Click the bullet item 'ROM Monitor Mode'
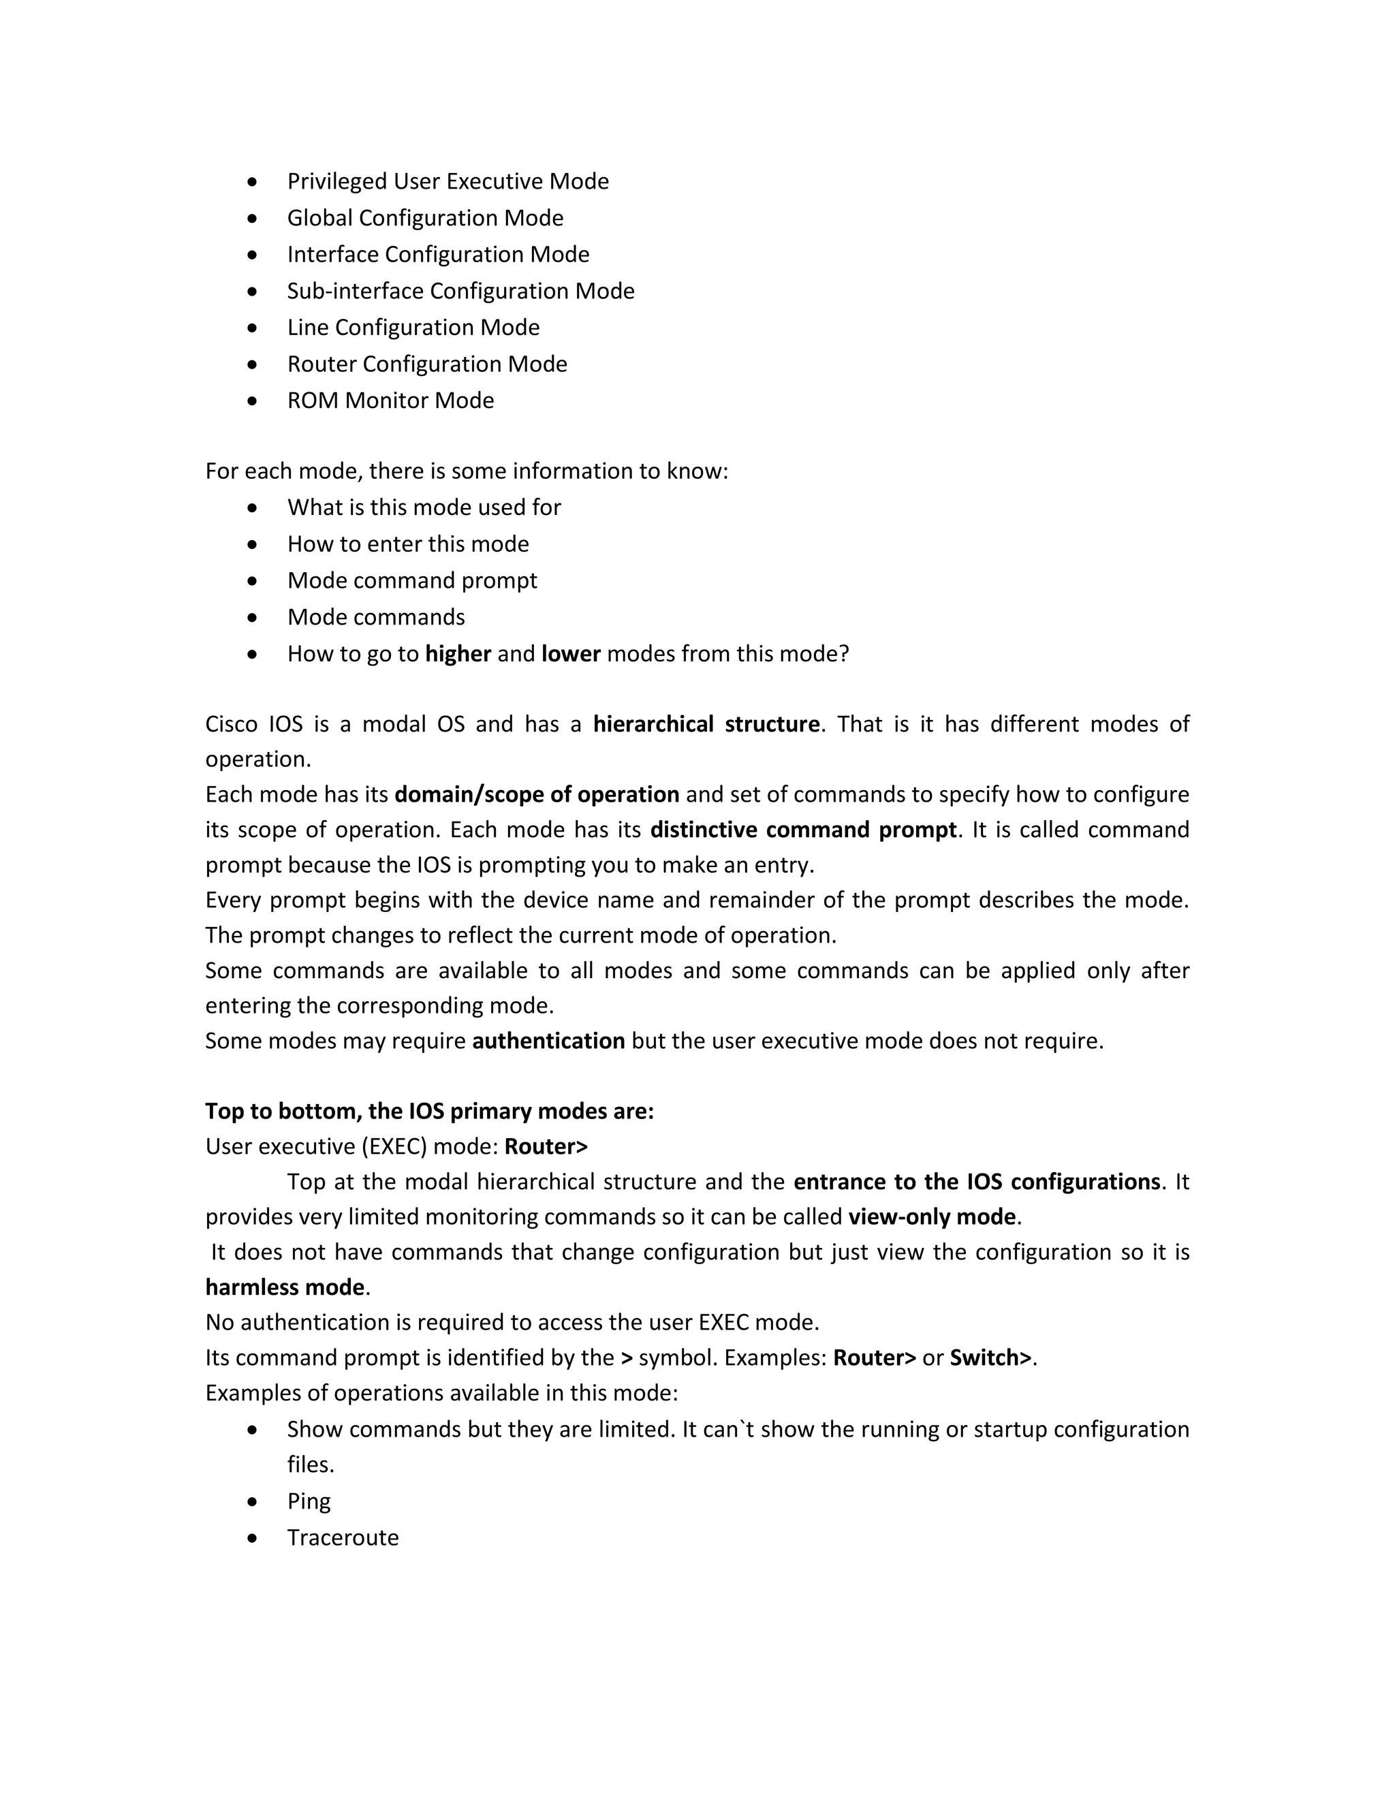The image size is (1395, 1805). pyautogui.click(x=390, y=401)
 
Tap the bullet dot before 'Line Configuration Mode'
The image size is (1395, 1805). pyautogui.click(x=253, y=328)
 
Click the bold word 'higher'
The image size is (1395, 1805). pyautogui.click(x=458, y=655)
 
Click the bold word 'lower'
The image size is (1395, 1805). pyautogui.click(x=570, y=655)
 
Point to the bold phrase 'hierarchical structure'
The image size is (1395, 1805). pyautogui.click(x=706, y=725)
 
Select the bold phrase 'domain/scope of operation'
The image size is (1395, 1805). pyautogui.click(x=536, y=795)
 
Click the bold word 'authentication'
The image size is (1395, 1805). pyautogui.click(x=548, y=1041)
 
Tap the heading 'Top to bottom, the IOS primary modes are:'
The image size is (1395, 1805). pyautogui.click(x=429, y=1112)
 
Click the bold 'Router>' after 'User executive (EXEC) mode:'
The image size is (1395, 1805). pyautogui.click(x=546, y=1147)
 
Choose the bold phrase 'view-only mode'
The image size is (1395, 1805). pyautogui.click(x=931, y=1217)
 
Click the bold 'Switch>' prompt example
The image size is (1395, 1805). pyautogui.click(x=990, y=1358)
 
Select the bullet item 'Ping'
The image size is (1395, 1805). pyautogui.click(x=309, y=1502)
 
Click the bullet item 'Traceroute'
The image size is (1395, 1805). pyautogui.click(x=342, y=1538)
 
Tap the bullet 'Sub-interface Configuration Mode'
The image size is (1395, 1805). pyautogui.click(x=460, y=292)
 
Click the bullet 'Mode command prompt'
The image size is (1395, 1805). pyautogui.click(x=411, y=581)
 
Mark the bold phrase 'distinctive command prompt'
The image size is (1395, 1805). pyautogui.click(x=802, y=830)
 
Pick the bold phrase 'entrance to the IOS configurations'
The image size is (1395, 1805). pyautogui.click(x=976, y=1182)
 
